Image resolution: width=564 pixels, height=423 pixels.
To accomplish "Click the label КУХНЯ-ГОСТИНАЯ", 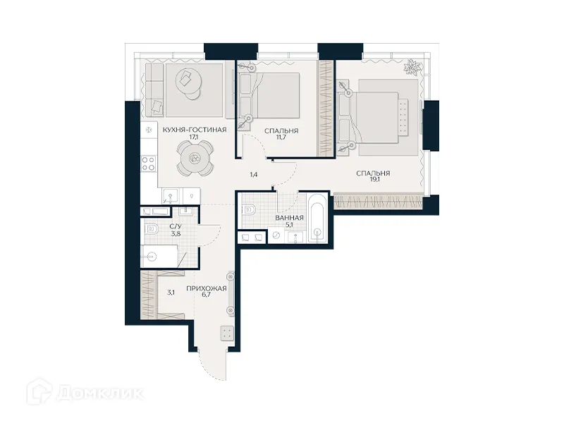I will pos(194,130).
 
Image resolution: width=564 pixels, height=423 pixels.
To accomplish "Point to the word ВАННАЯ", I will pos(289,218).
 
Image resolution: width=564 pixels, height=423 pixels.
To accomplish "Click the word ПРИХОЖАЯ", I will pos(206,289).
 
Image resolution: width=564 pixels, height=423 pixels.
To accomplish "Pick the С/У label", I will pos(176,227).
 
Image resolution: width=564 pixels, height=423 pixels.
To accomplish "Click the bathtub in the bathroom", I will pos(317,218).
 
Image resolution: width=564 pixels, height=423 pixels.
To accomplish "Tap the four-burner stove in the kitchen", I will pos(149,164).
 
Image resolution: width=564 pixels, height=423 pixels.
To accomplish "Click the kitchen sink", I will pos(169,195).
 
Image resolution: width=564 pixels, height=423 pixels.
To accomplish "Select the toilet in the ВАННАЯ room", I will pos(247,209).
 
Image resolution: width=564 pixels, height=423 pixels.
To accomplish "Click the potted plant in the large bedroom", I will pos(410,68).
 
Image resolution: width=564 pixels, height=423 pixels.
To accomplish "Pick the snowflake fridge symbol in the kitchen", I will pos(148,130).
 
